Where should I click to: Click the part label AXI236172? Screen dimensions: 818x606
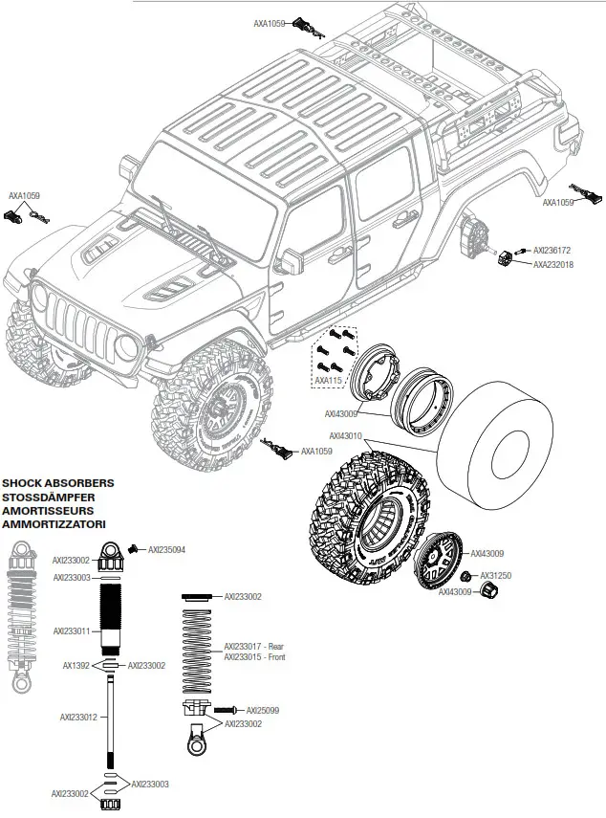point(552,251)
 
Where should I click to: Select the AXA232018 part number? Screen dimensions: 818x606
point(552,265)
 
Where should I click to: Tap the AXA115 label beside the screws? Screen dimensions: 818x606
point(328,381)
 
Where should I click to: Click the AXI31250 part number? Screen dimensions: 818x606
point(497,576)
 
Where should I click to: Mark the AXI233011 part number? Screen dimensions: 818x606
point(72,630)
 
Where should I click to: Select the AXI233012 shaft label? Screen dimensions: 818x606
point(77,716)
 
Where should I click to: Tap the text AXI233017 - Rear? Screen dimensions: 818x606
point(254,646)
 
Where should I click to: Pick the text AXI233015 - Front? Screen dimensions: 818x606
point(254,657)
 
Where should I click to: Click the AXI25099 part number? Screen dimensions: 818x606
point(263,710)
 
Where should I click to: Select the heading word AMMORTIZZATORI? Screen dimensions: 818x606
point(54,524)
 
